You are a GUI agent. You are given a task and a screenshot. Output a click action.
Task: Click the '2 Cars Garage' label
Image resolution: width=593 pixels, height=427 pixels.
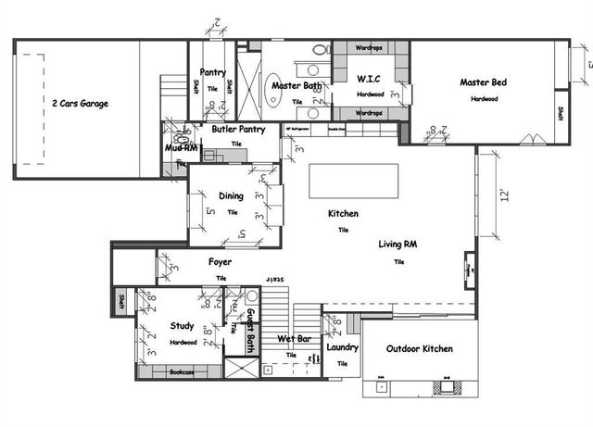[x=80, y=104]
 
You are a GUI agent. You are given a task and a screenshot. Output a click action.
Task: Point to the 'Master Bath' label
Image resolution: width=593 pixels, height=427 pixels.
[x=296, y=86]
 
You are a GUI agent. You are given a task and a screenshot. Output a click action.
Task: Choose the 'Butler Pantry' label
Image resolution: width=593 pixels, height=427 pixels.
[x=238, y=130]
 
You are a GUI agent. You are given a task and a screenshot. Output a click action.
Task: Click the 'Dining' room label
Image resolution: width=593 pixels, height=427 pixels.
[x=231, y=195]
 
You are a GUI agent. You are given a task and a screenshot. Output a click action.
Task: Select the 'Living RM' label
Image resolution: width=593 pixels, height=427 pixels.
[x=397, y=245]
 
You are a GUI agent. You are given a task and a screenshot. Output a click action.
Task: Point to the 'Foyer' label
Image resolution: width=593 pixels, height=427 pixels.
[x=220, y=262]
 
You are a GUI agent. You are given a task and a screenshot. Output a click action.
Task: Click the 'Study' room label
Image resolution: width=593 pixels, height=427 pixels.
[x=182, y=325]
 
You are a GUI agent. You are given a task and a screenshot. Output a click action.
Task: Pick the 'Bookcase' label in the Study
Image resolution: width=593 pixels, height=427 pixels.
[x=182, y=371]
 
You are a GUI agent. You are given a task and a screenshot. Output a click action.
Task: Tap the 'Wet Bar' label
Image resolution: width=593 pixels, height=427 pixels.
[x=294, y=339]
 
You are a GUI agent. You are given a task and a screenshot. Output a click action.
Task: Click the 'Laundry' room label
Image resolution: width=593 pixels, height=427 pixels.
[x=342, y=347]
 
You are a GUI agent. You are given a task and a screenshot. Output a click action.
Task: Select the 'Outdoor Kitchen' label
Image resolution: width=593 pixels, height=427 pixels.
[x=419, y=348]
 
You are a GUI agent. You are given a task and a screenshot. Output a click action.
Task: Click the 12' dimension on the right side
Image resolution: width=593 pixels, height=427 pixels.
[x=504, y=195]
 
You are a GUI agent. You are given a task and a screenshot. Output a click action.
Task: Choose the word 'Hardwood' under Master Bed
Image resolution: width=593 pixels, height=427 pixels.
[x=483, y=98]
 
